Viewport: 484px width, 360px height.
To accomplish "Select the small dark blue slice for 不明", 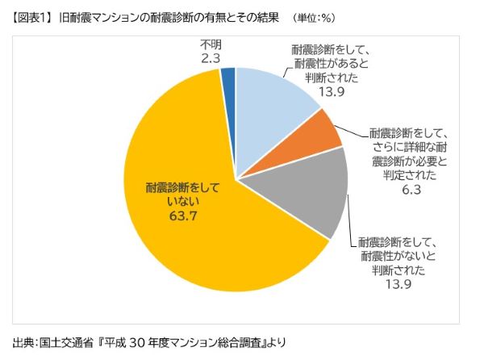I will click(x=228, y=77).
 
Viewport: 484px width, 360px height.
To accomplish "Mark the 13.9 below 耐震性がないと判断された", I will click(x=396, y=284).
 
